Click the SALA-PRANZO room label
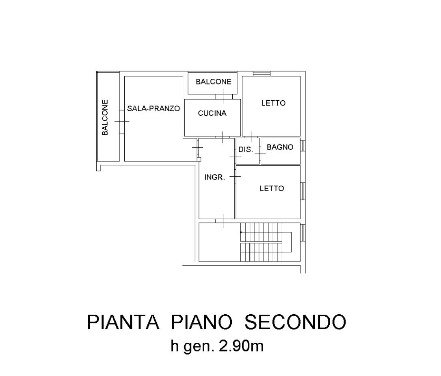click(153, 108)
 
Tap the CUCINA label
click(212, 113)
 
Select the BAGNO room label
click(280, 147)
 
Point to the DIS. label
click(246, 149)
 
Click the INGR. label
click(214, 177)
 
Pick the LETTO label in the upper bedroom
click(273, 103)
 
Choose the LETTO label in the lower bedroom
click(272, 188)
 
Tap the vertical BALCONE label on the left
click(105, 117)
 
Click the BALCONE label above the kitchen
click(214, 82)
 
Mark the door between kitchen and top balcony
click(224, 97)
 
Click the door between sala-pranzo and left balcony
click(122, 121)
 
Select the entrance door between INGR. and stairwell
click(224, 221)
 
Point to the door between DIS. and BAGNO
click(260, 154)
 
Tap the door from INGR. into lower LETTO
click(235, 176)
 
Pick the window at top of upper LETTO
click(262, 73)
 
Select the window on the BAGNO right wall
click(303, 146)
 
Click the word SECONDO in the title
click(295, 322)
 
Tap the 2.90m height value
click(241, 346)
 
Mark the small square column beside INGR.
click(199, 159)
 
